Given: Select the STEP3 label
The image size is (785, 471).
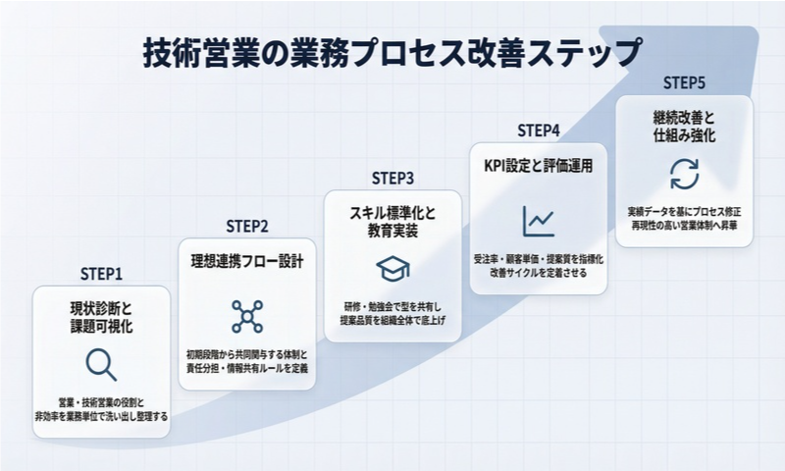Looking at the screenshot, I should point(392,178).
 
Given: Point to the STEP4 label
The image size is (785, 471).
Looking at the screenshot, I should point(539,131).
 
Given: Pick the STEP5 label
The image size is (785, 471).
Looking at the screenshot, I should point(684,82).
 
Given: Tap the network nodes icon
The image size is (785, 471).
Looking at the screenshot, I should point(247,317).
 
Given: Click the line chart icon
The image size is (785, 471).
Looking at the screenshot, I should point(539,222).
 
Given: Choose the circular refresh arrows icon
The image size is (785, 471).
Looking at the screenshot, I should point(684,174).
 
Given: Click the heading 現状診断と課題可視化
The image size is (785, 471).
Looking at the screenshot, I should point(102,316).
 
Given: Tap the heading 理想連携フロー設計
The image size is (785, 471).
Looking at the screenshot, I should point(247,263).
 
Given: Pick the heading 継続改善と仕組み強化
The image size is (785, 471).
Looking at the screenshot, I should point(684,126).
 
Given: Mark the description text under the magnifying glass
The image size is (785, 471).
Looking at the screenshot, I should point(102,409).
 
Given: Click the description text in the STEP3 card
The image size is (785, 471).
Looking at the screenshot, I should point(392,313).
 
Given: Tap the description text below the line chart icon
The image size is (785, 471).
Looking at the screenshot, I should point(539,265).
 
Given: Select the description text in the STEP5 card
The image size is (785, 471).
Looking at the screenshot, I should point(684,218).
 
